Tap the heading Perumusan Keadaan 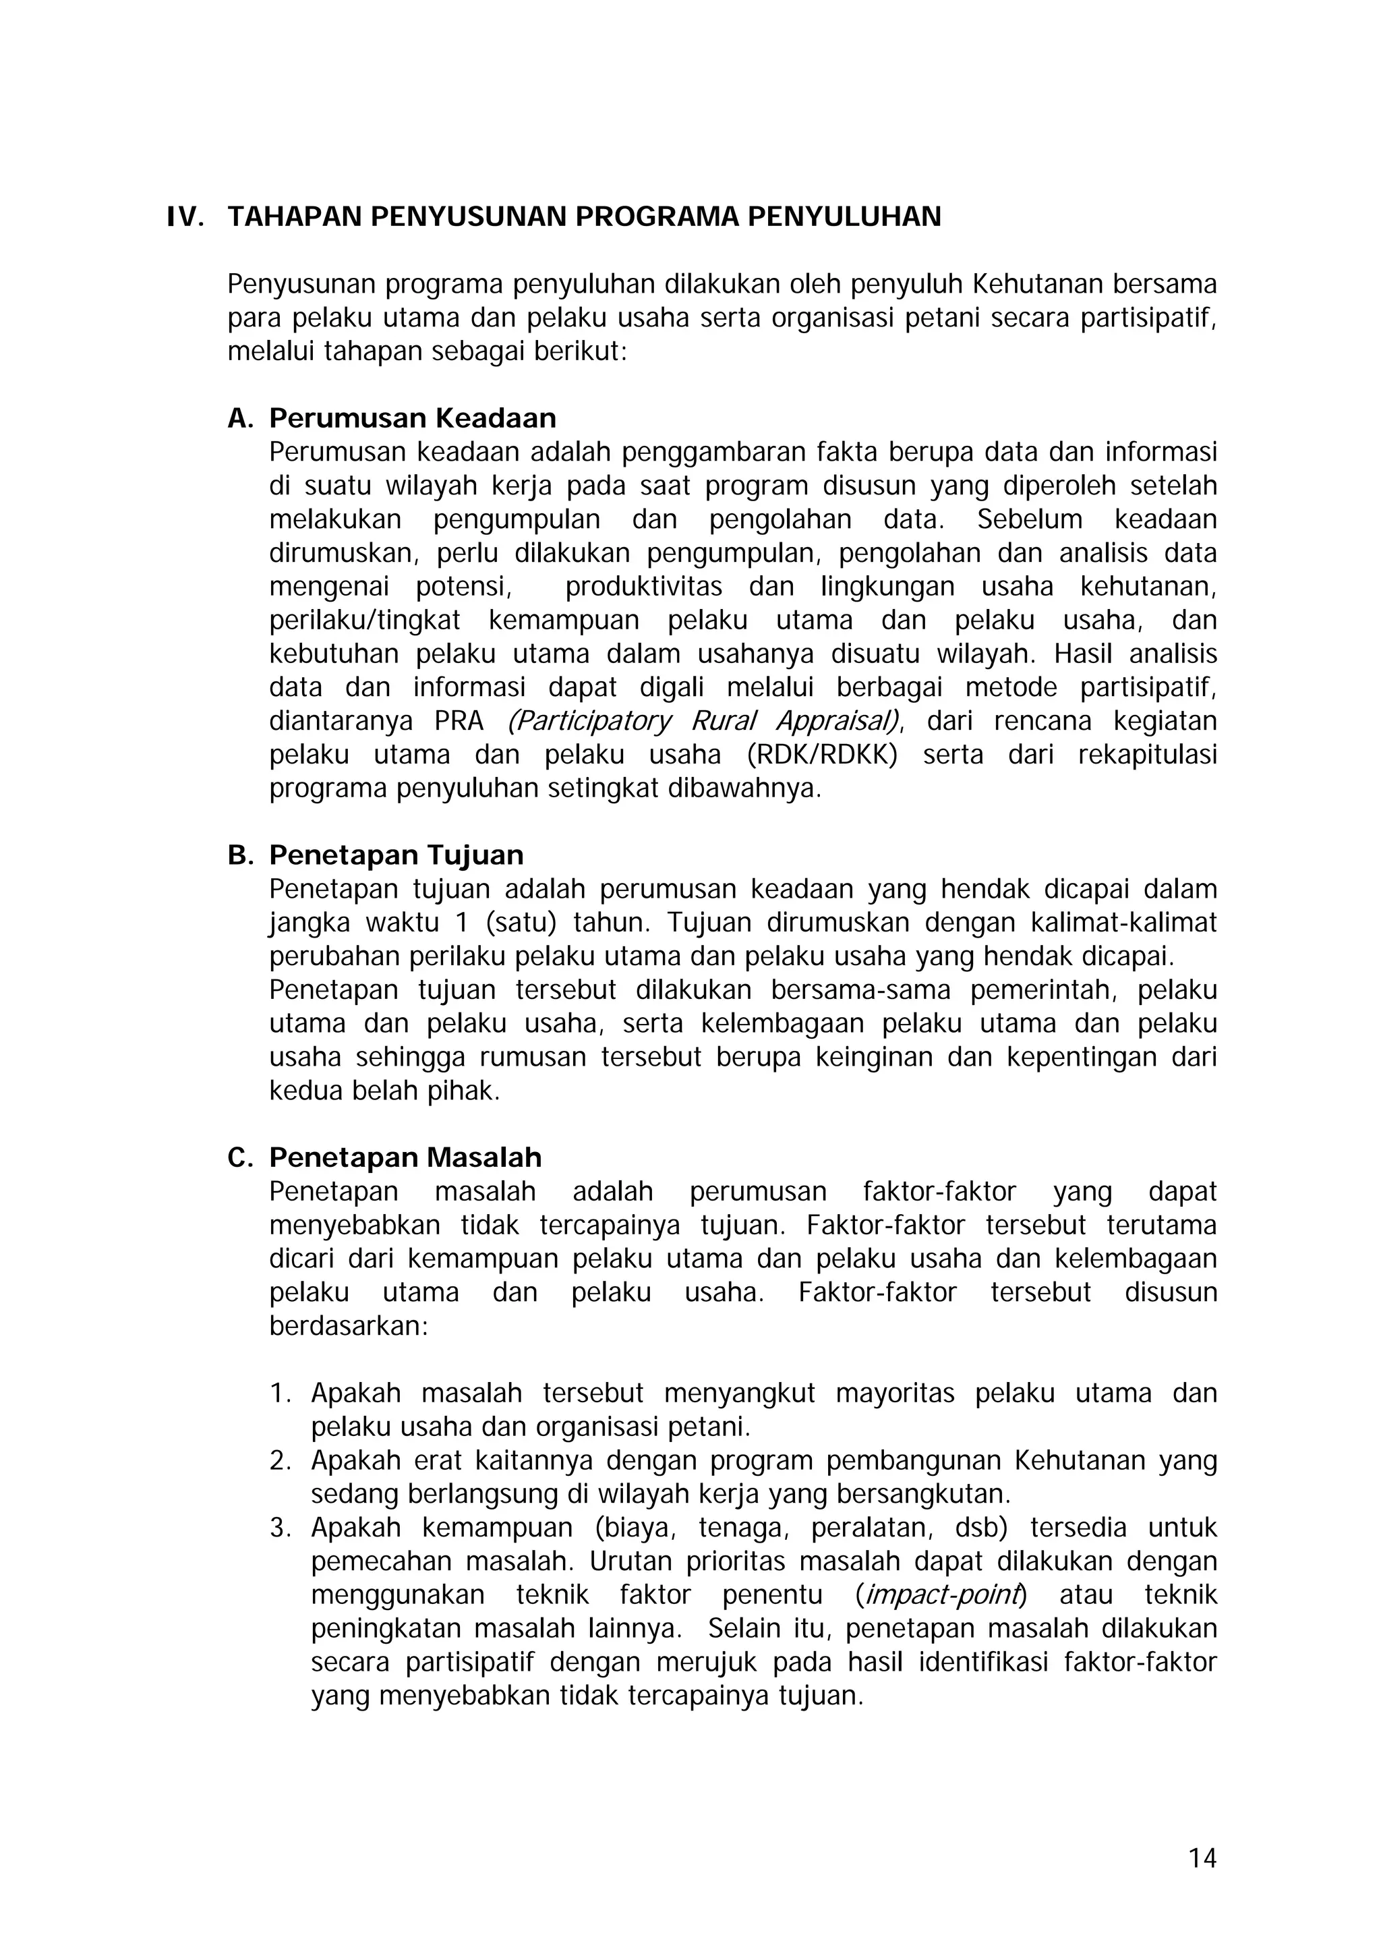(413, 418)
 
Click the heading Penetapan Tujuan (396, 855)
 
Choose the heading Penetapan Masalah (405, 1157)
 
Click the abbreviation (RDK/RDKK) (822, 755)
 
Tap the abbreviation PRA (459, 722)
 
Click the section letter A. (241, 418)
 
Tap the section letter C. (241, 1157)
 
